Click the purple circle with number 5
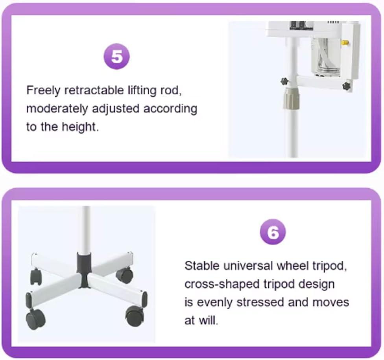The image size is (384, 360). tap(117, 56)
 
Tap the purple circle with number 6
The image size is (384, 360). tap(273, 231)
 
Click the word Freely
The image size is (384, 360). tap(43, 91)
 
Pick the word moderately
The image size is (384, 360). tap(57, 109)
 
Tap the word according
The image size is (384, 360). tap(170, 109)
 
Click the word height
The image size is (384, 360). tap(80, 127)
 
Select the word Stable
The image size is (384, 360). tap(202, 266)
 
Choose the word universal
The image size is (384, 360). tap(248, 266)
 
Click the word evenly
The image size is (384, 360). tap(214, 303)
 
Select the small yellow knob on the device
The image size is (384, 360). tap(345, 42)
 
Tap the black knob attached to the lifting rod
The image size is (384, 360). tap(284, 81)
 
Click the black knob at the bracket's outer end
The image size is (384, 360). tap(346, 86)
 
